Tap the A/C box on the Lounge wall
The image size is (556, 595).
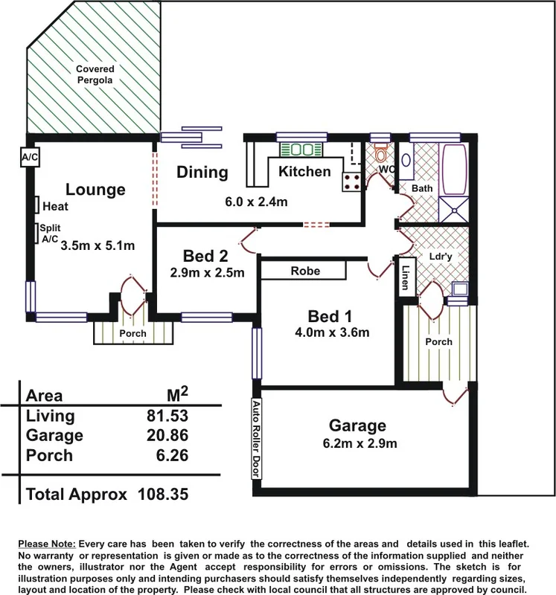point(30,158)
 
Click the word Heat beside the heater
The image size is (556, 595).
point(56,206)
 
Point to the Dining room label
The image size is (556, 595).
point(202,173)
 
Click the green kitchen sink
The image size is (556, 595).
point(300,149)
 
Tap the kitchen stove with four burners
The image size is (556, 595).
point(351,181)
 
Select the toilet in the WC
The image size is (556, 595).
point(381,155)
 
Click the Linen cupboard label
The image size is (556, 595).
point(406,277)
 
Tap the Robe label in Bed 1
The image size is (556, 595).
point(305,271)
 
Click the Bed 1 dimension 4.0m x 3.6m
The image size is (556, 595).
point(331,332)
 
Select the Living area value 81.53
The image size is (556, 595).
point(168,416)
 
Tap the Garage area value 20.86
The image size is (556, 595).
point(168,436)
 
